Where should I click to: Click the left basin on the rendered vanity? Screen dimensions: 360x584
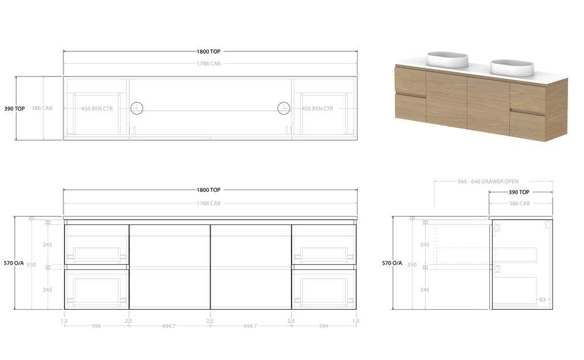tap(447, 59)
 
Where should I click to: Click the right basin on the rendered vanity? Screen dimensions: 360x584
tap(512, 67)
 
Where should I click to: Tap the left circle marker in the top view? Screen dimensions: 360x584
tap(137, 108)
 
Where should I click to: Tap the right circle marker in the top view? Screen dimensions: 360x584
tap(283, 108)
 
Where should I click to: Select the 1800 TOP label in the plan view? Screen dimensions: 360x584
tap(209, 51)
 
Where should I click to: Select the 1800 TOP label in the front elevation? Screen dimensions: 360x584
tap(209, 190)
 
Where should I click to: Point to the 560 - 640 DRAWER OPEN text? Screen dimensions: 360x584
tap(488, 181)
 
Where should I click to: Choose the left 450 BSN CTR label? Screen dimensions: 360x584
tap(97, 108)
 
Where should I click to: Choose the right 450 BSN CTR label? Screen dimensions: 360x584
tap(317, 108)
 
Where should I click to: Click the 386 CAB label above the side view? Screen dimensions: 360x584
tap(519, 203)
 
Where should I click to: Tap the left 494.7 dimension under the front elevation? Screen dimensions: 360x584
tap(169, 326)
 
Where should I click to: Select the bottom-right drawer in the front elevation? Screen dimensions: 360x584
tap(323, 288)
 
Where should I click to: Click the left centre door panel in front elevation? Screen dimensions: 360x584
tap(169, 266)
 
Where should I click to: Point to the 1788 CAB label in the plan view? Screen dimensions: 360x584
tap(209, 63)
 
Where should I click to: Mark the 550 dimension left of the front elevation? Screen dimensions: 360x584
tap(31, 265)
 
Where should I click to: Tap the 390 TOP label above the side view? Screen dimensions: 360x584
tap(519, 192)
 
